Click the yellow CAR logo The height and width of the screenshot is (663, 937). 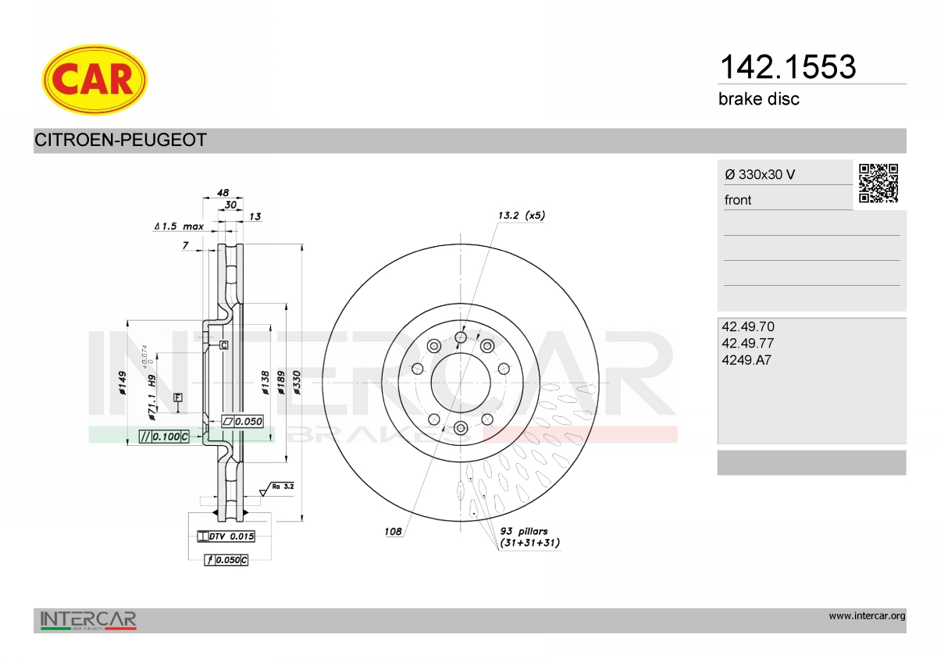coord(94,80)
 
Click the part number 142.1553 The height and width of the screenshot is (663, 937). coord(788,67)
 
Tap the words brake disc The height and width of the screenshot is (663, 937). coord(758,99)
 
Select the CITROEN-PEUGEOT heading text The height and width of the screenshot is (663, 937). coord(120,140)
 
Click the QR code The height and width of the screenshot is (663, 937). coord(878,184)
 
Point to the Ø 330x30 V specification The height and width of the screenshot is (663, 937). coord(760,174)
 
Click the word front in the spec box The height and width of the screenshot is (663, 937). coord(737,200)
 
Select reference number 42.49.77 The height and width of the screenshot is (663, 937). coord(747,343)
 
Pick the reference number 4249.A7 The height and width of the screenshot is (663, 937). coord(746,360)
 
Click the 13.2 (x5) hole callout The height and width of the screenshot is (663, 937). coord(522,216)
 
